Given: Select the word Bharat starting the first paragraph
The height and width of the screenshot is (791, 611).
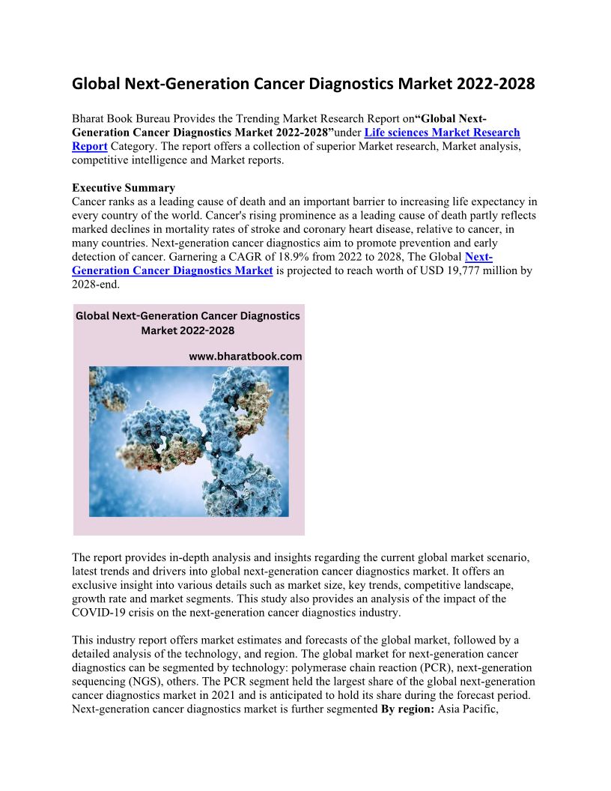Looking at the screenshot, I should pos(89,119).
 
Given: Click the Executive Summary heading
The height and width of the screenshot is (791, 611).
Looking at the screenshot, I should pos(124,188).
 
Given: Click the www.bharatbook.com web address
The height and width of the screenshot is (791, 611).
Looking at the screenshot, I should pos(246,357).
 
